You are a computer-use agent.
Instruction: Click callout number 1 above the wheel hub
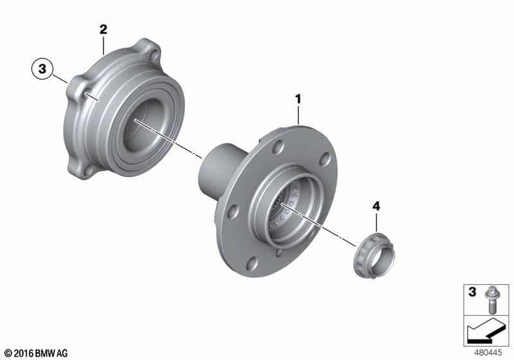click(298, 99)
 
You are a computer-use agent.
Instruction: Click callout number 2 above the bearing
click(103, 30)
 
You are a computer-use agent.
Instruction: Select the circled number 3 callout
click(42, 69)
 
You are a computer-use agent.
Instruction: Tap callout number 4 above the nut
click(377, 206)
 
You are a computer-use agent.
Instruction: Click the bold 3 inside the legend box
click(472, 291)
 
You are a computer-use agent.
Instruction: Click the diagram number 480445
click(488, 353)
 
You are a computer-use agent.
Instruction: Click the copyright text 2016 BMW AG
click(36, 353)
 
